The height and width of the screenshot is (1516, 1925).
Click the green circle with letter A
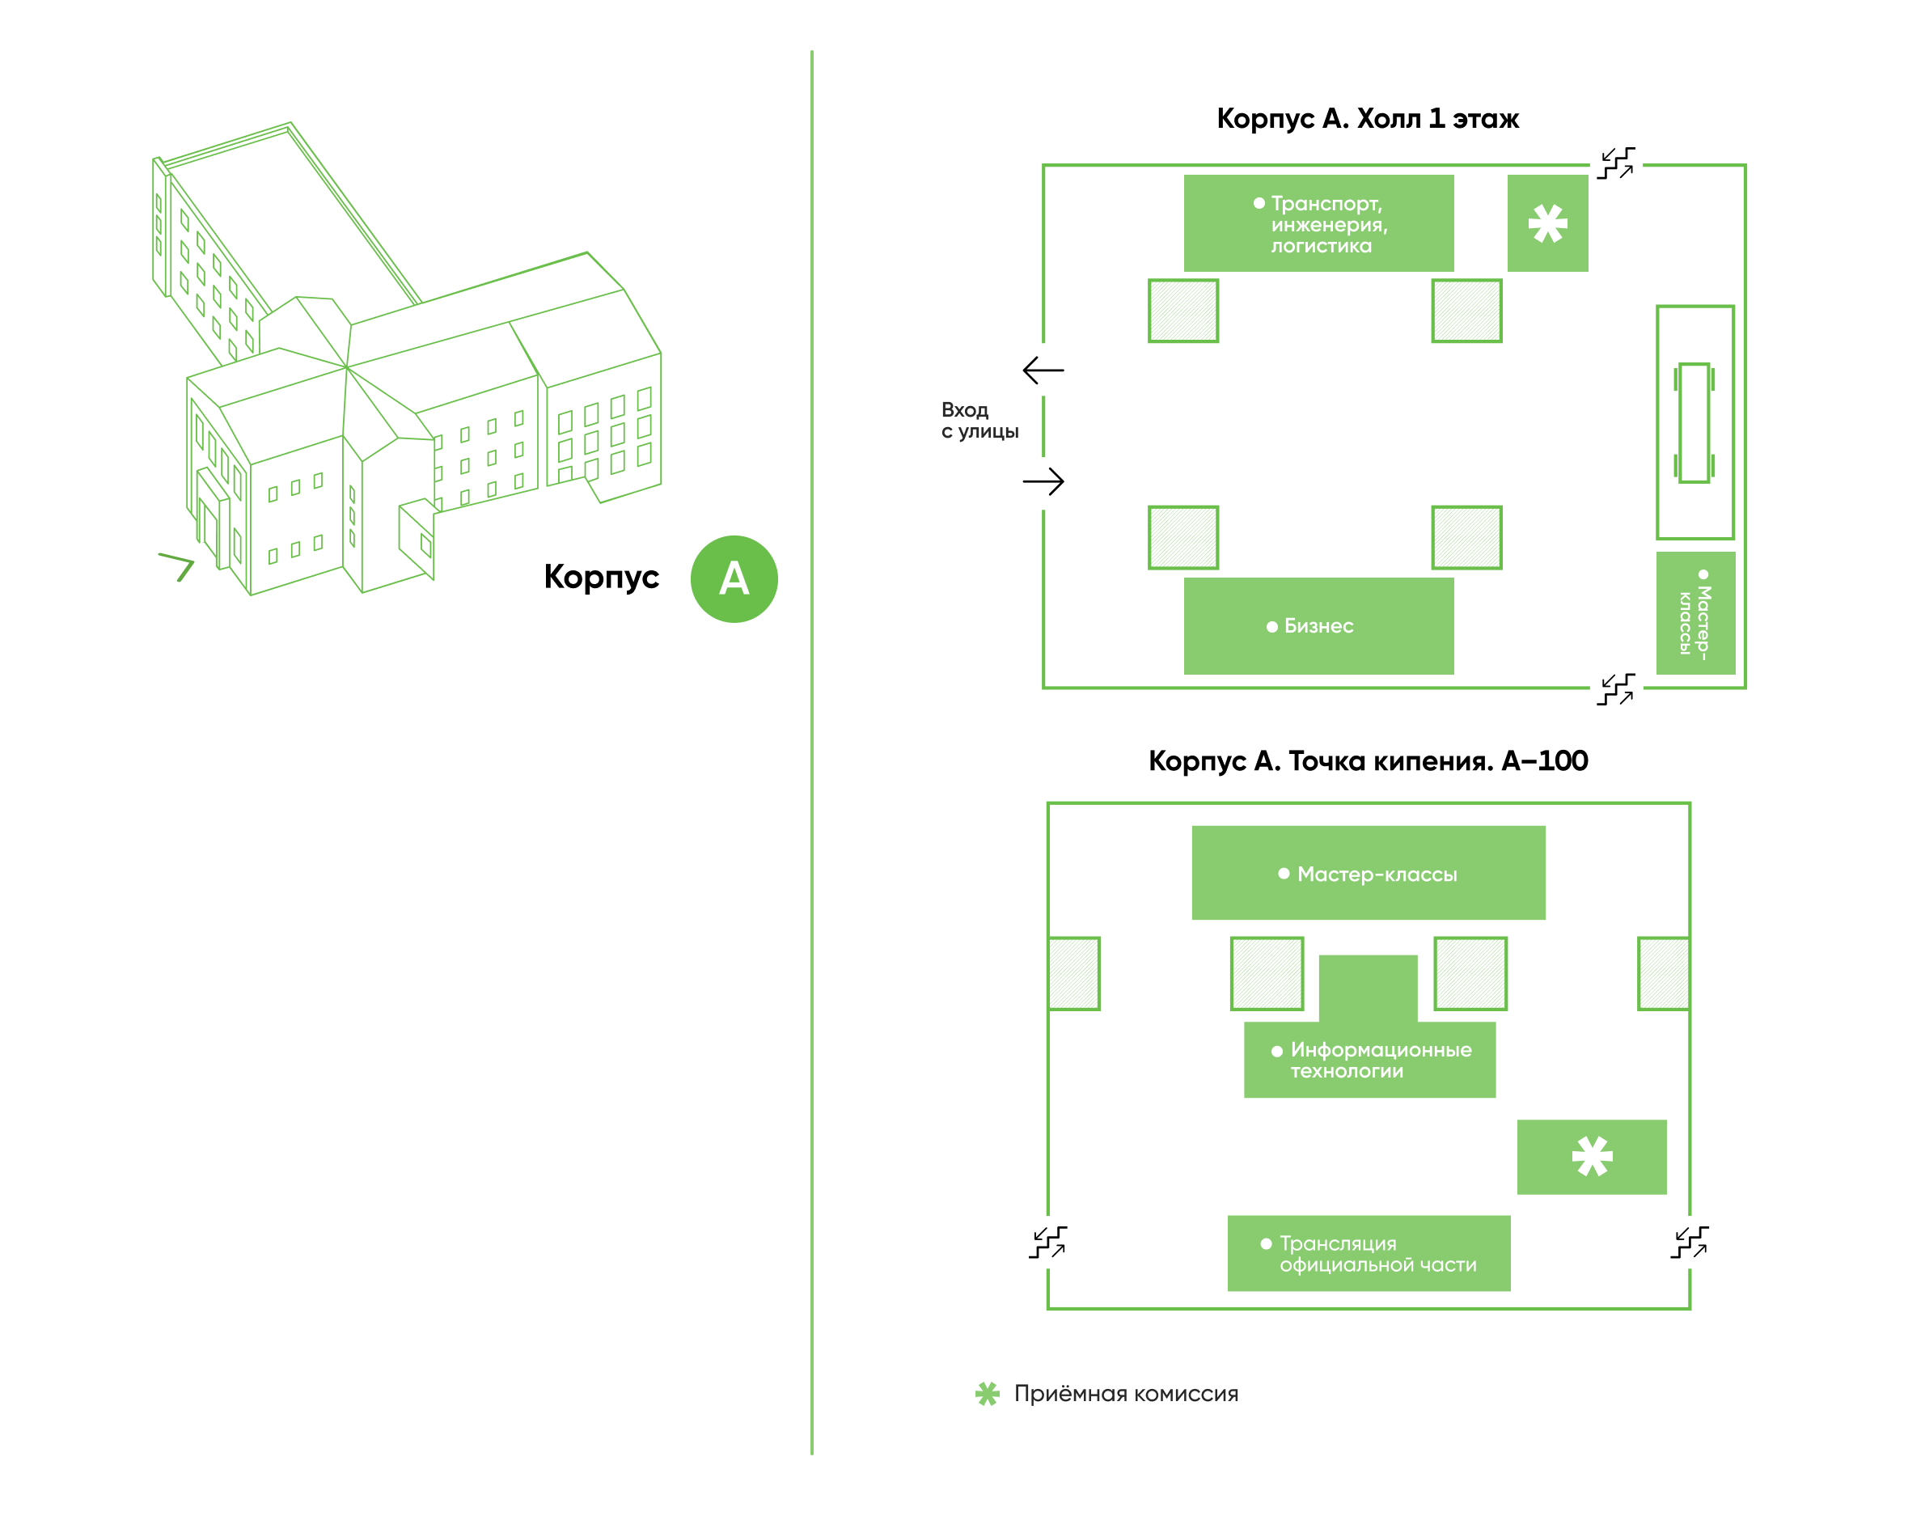733,578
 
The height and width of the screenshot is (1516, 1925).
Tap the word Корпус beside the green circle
601,578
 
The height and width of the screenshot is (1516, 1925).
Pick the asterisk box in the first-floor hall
1547,222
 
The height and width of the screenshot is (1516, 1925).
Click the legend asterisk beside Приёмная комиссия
987,1394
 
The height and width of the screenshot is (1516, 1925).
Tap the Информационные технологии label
1380,1060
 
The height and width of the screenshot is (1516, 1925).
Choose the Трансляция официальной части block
1368,1252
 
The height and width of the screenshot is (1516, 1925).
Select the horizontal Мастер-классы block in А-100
1368,873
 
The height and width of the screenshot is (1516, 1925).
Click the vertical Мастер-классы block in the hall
1695,612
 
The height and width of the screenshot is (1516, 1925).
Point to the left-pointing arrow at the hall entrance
1043,371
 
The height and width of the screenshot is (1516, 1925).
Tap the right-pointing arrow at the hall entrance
1043,481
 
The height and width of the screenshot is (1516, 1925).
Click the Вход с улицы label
979,421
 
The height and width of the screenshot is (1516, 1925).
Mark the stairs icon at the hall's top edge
1615,163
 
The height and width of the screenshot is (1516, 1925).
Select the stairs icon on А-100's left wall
1047,1242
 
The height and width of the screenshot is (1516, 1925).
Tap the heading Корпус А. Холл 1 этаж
1367,118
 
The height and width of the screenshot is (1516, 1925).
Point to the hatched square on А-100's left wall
1074,973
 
